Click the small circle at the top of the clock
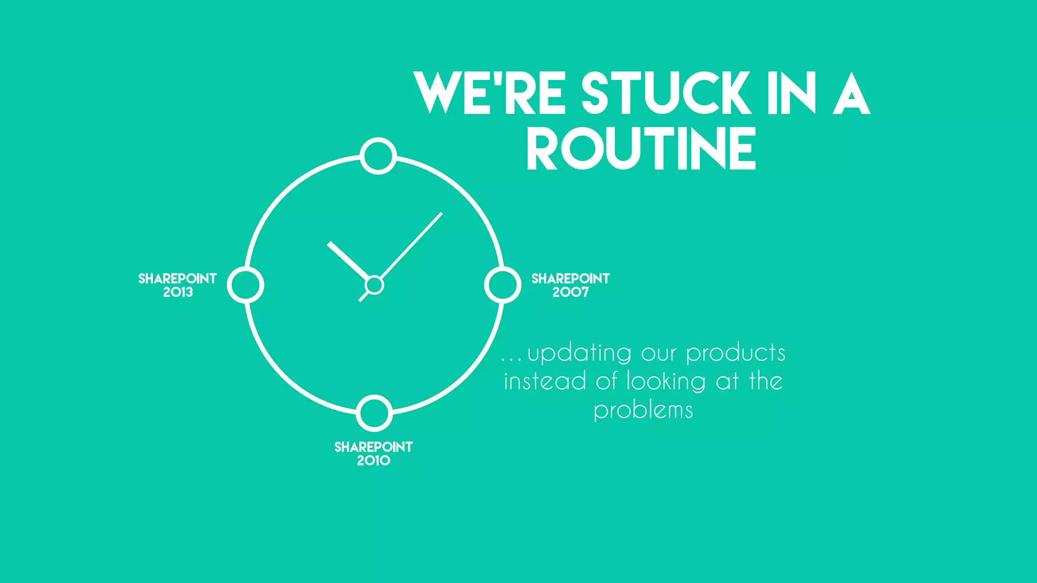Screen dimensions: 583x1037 point(378,156)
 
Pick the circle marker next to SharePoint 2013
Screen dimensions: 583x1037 point(246,285)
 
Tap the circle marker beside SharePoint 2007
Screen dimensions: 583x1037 point(502,285)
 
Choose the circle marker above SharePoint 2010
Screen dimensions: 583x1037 point(374,413)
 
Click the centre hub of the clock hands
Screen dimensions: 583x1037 point(374,285)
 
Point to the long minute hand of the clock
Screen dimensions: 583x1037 point(411,245)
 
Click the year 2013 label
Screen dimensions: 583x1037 point(178,293)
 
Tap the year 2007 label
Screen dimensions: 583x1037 point(571,293)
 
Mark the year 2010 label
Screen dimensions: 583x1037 point(374,461)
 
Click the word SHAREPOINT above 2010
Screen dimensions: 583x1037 point(374,447)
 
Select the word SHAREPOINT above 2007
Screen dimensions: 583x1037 point(571,279)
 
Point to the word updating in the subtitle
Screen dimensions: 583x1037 point(579,354)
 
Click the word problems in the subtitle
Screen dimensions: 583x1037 point(643,410)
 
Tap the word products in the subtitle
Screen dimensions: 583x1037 point(736,354)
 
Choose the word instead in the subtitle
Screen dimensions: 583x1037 point(545,382)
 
